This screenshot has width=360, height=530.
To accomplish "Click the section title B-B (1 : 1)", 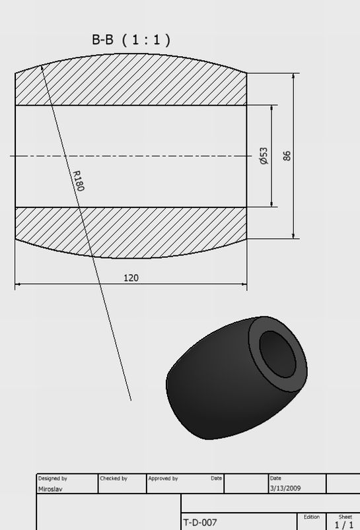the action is pos(131,40).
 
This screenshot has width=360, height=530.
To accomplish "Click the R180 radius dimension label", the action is pos(79,181).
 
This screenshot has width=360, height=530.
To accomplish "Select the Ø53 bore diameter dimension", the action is pos(264,156).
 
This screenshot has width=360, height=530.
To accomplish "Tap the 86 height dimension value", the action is pos(287,156).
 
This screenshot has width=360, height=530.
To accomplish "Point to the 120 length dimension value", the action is pos(131,278).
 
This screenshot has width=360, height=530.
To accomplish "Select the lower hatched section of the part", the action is pos(131,232).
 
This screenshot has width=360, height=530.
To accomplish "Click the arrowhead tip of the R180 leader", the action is pos(41,65).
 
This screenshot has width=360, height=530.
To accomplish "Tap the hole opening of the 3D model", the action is pos(278,354).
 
